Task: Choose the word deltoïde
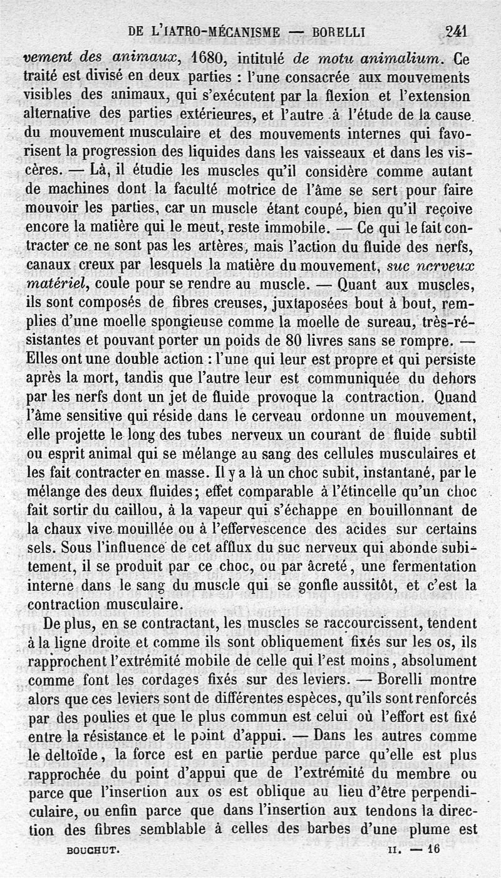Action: (64, 756)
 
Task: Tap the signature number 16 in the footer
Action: (433, 849)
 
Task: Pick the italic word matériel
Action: (54, 285)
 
